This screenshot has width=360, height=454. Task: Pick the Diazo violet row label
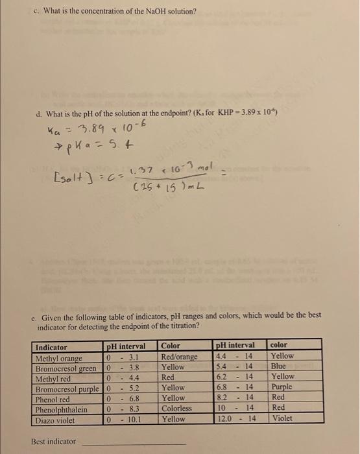tap(56, 419)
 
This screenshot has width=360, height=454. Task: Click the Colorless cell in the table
tap(176, 409)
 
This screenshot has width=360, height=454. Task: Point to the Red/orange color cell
tap(179, 356)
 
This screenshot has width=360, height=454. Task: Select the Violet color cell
tap(283, 419)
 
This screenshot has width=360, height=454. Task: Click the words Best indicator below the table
tap(54, 442)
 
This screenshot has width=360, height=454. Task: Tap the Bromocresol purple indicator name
tap(68, 388)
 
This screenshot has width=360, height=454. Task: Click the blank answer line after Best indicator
tap(132, 443)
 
